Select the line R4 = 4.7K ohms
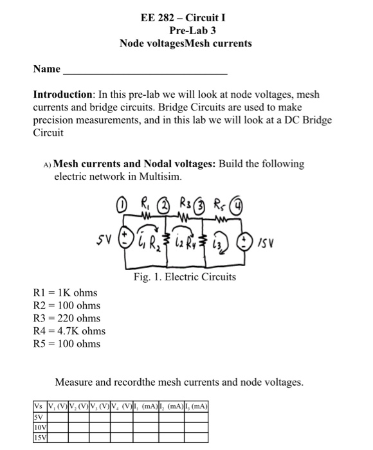(x=69, y=331)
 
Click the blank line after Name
(x=145, y=69)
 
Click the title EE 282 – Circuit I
(x=186, y=17)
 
